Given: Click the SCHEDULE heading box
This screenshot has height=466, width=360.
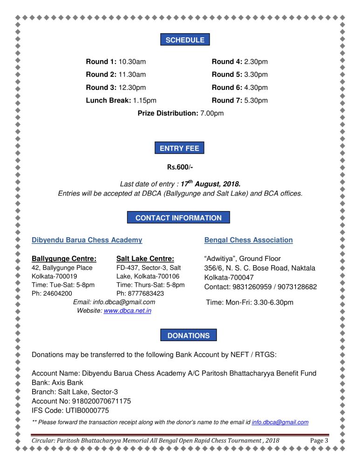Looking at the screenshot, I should (185, 40).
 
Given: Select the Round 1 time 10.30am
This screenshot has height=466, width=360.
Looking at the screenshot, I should (132, 62).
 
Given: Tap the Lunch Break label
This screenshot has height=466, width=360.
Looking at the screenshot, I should (109, 100).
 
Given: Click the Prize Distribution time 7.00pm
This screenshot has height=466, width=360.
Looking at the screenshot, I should (212, 113).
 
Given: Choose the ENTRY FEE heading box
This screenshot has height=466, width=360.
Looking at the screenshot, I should (179, 149).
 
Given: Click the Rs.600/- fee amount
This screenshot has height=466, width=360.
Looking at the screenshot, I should (180, 167).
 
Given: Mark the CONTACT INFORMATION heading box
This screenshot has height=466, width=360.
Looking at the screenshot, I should (178, 218).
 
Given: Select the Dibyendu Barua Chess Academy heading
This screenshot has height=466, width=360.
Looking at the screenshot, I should (87, 240).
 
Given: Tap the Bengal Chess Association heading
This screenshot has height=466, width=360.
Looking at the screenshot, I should (248, 240).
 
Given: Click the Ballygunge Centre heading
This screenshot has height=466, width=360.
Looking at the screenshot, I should (64, 259).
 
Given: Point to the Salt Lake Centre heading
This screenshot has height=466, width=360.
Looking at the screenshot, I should (145, 259).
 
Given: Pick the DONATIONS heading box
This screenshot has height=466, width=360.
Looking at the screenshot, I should (188, 336).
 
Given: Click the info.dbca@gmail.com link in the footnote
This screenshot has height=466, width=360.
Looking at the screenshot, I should (280, 422).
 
